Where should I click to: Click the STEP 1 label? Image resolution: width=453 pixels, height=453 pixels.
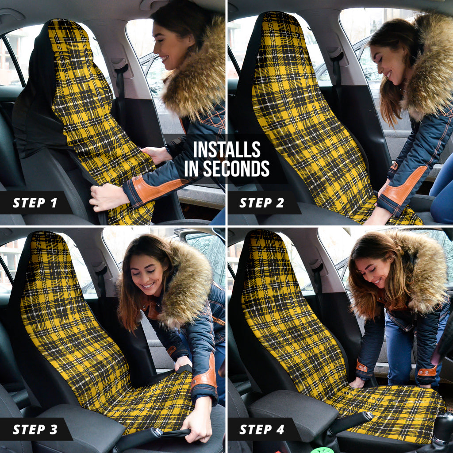pyautogui.click(x=35, y=203)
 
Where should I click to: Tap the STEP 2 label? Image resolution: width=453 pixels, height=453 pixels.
pyautogui.click(x=261, y=203)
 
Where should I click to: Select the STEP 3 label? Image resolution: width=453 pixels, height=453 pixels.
pyautogui.click(x=35, y=430)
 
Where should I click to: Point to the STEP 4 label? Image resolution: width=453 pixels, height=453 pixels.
pyautogui.click(x=261, y=430)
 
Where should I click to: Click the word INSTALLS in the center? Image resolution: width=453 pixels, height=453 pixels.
pyautogui.click(x=226, y=150)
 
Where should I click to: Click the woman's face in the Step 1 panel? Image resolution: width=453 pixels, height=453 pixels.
pyautogui.click(x=167, y=46)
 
